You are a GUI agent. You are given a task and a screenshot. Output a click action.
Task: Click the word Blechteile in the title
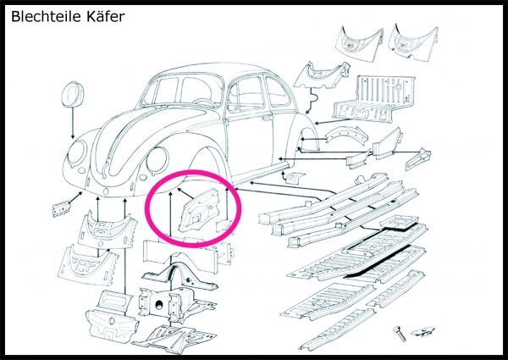click(x=47, y=16)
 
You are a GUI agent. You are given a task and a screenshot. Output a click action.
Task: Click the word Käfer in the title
click(x=106, y=16)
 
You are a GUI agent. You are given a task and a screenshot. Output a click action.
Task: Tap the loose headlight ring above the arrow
click(x=72, y=94)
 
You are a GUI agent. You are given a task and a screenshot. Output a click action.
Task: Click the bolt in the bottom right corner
click(x=400, y=334)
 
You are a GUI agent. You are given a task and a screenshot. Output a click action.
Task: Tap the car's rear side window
click(x=275, y=90)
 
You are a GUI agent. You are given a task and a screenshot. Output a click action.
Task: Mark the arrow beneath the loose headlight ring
click(x=73, y=123)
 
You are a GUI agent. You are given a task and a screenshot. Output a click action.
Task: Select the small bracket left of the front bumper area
click(x=61, y=208)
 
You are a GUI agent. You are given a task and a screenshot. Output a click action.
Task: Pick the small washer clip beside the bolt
click(x=422, y=331)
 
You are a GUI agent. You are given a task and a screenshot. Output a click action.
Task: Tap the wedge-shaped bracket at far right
click(x=418, y=159)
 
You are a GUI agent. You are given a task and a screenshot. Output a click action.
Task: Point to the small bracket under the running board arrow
click(x=294, y=178)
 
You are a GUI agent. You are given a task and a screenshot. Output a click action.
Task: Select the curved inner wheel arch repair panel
click(x=346, y=136)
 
